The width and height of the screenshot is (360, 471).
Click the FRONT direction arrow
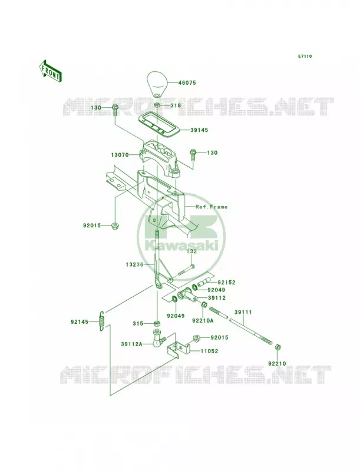click(50, 71)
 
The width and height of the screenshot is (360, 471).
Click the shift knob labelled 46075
click(157, 84)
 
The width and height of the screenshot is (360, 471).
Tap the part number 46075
click(187, 82)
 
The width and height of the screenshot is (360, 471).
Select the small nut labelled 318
click(157, 105)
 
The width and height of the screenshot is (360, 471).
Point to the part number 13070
click(120, 155)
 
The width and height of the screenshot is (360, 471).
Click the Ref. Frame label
click(212, 207)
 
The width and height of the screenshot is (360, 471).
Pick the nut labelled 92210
click(278, 347)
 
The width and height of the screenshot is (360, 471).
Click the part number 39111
click(243, 313)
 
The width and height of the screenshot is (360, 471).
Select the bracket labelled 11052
click(179, 348)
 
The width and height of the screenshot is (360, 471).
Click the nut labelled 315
click(156, 323)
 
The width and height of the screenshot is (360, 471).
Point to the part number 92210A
click(203, 320)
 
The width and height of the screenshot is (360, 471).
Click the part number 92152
click(227, 283)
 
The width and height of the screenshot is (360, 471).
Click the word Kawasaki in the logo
click(181, 246)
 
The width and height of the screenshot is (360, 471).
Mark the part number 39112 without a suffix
click(217, 298)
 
